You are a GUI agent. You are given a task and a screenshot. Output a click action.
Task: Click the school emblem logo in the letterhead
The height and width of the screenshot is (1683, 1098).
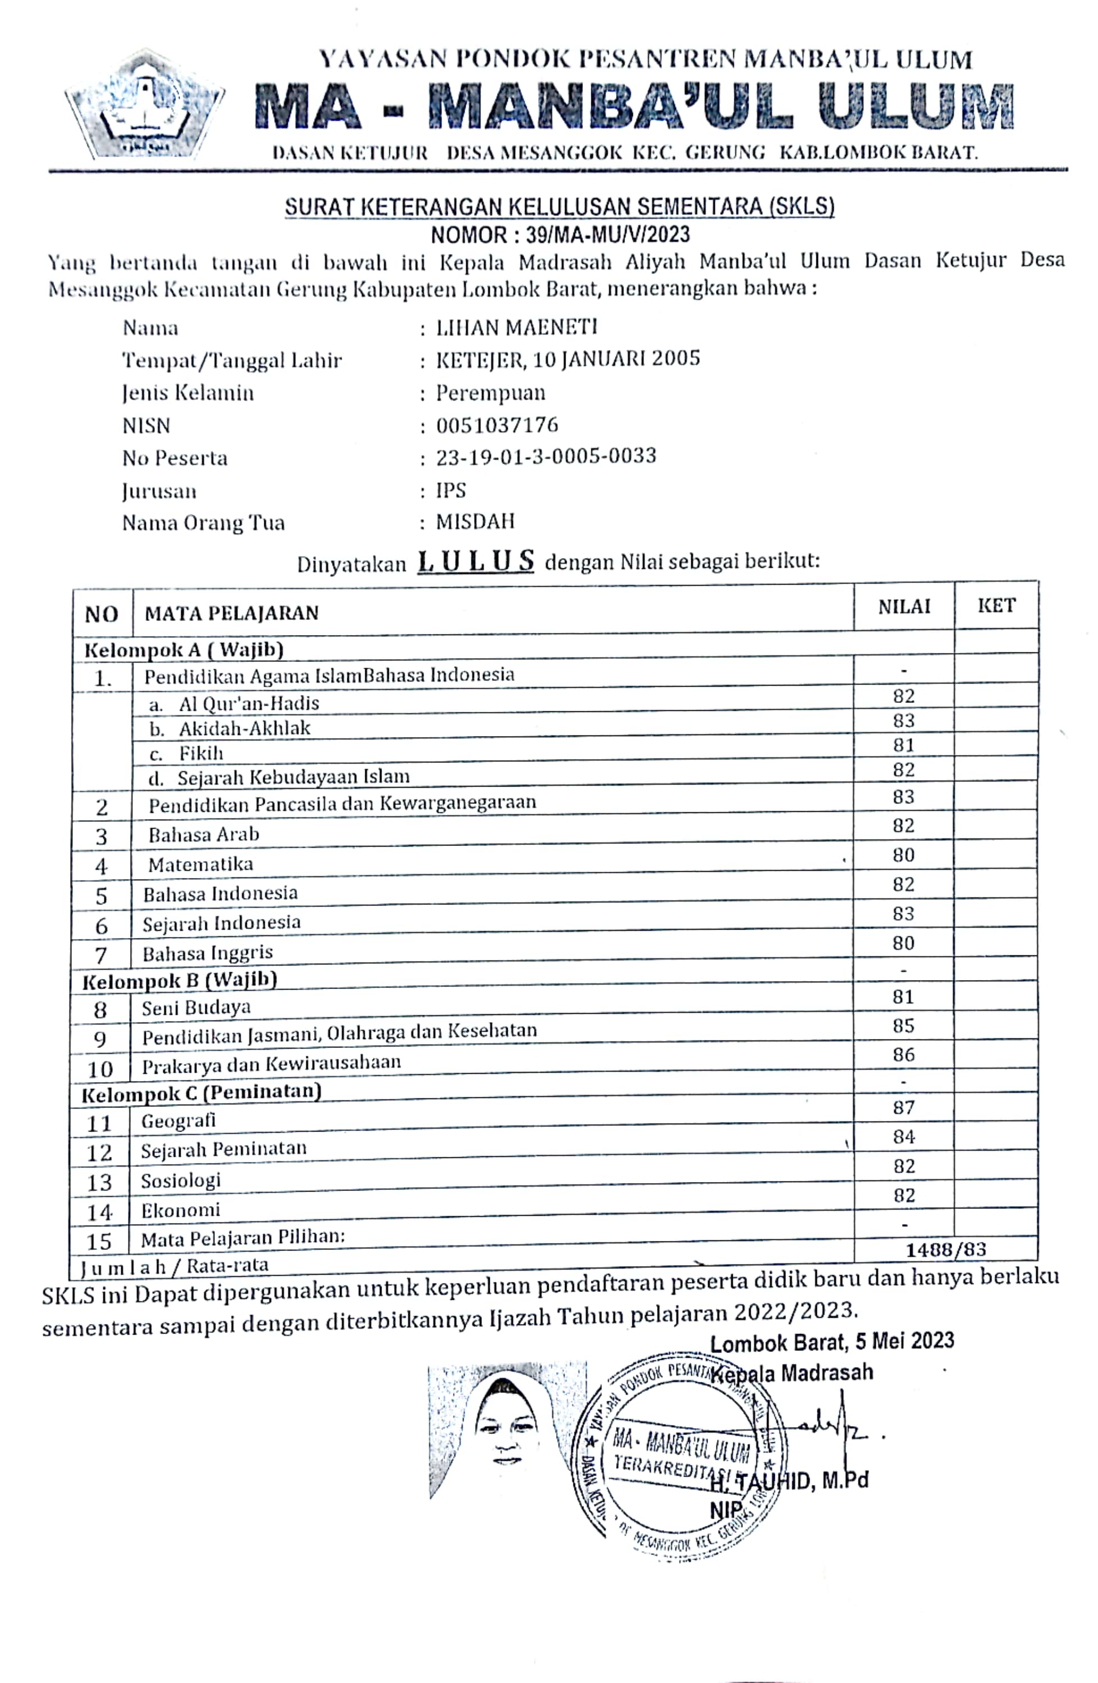[x=144, y=104]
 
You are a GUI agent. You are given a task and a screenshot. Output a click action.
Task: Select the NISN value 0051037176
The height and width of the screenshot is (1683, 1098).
[x=497, y=425]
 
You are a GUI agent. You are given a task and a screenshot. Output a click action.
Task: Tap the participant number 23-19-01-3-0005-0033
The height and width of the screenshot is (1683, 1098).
[x=545, y=456]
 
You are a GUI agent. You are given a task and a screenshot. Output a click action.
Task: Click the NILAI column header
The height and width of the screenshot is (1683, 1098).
[x=903, y=607]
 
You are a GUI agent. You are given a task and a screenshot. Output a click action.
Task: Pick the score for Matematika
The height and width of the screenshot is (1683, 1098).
[x=903, y=855]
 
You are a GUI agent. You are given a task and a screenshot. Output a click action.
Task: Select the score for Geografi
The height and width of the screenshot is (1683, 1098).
[x=903, y=1107]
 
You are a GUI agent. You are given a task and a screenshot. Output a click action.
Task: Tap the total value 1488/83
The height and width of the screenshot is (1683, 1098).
[x=945, y=1249]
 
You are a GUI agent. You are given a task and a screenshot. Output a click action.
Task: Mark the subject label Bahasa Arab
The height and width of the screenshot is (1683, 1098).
[x=204, y=834]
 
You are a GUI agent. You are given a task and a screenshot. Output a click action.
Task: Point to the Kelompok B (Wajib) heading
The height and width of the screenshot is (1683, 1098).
[x=180, y=980]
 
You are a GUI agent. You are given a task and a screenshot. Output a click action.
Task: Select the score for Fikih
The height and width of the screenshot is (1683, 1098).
[x=903, y=744]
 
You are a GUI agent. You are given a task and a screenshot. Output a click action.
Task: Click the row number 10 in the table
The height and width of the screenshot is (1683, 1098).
[x=100, y=1069]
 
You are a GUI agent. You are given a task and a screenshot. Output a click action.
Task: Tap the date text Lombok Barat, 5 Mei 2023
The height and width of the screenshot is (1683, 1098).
[x=831, y=1341]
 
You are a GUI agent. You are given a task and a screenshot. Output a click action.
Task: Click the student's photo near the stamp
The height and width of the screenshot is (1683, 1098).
[x=506, y=1425]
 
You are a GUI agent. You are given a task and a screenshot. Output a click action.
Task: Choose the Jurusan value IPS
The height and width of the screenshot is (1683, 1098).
[x=451, y=490]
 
